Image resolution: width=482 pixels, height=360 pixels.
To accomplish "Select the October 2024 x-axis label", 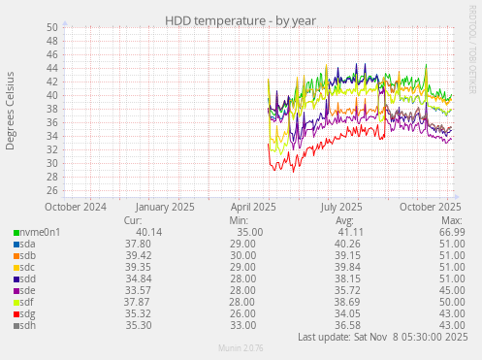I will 76,207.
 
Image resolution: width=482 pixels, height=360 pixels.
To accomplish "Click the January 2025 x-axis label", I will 165,207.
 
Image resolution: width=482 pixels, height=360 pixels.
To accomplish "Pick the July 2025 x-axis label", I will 340,207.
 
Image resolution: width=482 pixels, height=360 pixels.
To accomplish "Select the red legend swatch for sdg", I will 16,313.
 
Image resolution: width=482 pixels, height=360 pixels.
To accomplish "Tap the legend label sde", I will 28,290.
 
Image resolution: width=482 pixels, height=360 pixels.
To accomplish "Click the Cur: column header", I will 134,220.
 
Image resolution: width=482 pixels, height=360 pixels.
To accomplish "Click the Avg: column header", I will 344,220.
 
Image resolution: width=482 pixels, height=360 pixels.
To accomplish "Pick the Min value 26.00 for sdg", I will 243,313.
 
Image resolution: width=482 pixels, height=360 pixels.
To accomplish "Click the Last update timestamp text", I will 382,337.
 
